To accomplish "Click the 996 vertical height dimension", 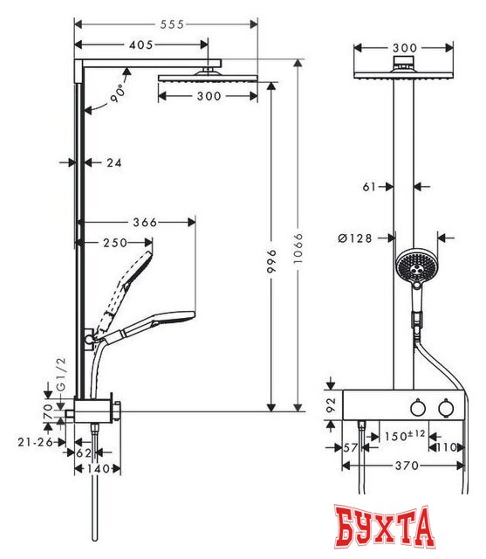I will click(x=272, y=258).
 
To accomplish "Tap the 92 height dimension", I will click(x=331, y=404).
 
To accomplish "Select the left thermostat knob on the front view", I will click(x=417, y=407).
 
